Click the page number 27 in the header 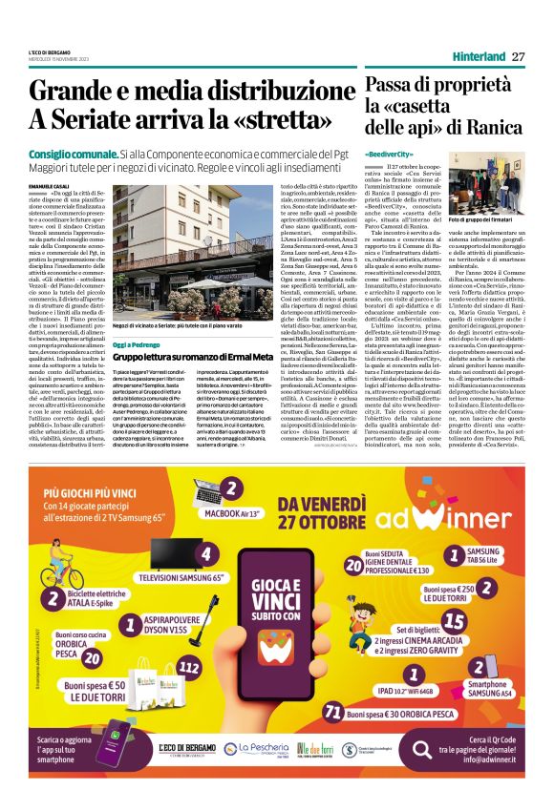(519, 56)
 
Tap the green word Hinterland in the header (478, 56)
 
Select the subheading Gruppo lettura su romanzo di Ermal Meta (198, 329)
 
